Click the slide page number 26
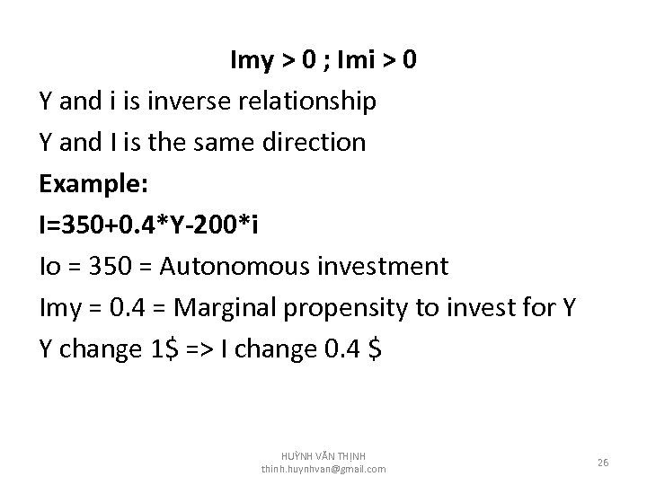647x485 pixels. click(x=603, y=463)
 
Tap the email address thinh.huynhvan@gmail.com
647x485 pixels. click(x=323, y=470)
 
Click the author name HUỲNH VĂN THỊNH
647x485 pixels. click(x=323, y=455)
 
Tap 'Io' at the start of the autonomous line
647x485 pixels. click(x=51, y=267)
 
